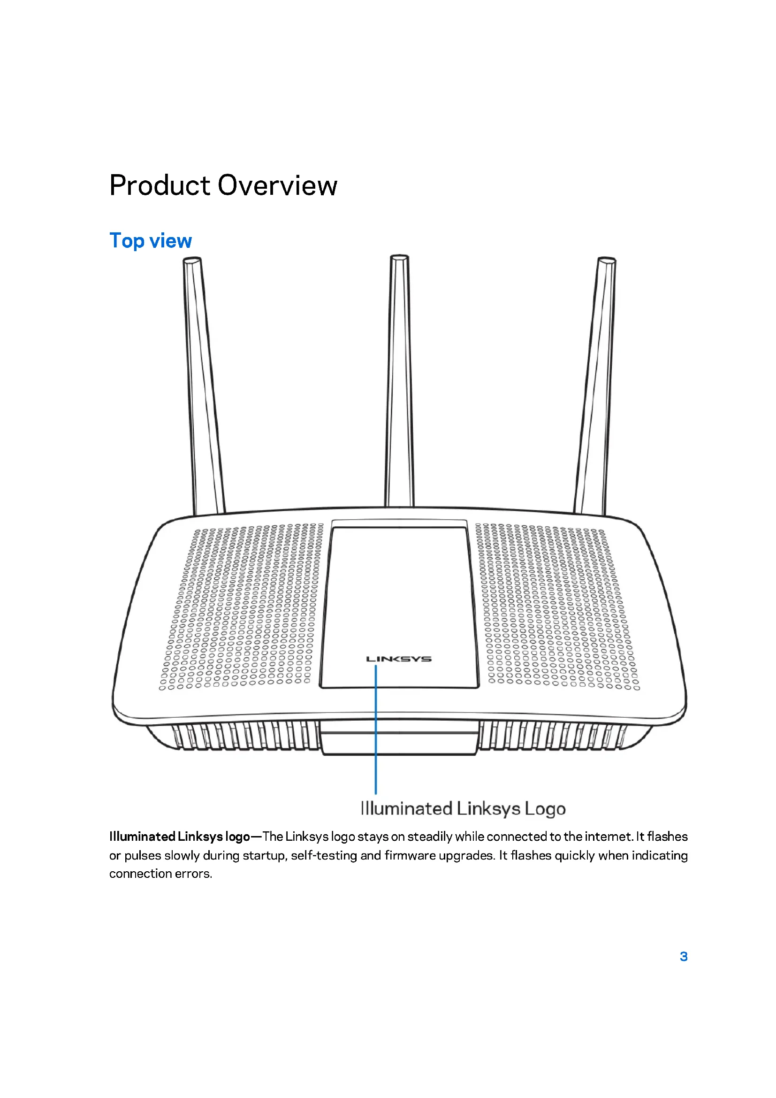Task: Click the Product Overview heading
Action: (223, 185)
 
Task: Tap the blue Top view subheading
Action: (151, 240)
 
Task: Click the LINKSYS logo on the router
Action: (399, 659)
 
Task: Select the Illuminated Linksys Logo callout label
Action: (463, 809)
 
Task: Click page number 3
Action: (684, 956)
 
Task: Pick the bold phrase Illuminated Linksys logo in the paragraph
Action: (179, 837)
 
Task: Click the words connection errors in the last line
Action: (160, 874)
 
